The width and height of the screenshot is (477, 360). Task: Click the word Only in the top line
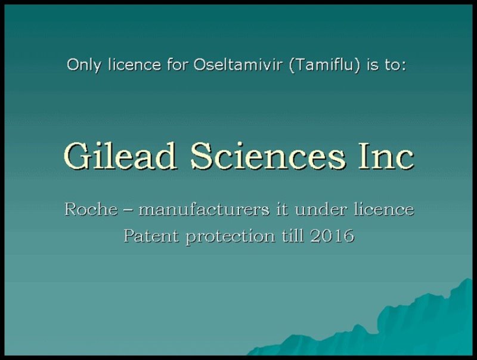click(83, 65)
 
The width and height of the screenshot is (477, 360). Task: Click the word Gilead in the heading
click(120, 156)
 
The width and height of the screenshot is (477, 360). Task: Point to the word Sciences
click(268, 156)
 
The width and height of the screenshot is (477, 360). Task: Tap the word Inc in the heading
click(386, 156)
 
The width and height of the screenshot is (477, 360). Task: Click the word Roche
click(91, 209)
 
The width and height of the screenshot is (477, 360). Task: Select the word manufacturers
click(204, 209)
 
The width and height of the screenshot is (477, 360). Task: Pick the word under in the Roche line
click(321, 209)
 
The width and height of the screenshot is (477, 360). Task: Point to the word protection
click(230, 237)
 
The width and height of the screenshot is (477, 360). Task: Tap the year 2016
click(332, 235)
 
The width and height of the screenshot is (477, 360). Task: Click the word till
click(293, 235)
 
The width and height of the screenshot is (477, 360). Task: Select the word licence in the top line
click(134, 64)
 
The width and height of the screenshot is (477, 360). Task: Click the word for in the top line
click(176, 64)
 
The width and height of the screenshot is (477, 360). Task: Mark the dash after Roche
click(128, 210)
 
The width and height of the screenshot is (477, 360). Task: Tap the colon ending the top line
click(404, 67)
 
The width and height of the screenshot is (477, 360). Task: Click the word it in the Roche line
click(282, 209)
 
